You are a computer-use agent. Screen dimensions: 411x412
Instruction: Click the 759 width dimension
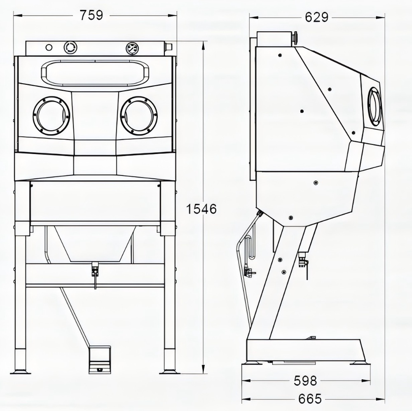coord(91,15)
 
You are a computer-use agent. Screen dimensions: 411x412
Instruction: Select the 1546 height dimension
coord(201,209)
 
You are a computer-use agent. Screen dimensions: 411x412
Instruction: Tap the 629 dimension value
coord(316,17)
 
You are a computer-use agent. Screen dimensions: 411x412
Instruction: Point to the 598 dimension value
coord(305,381)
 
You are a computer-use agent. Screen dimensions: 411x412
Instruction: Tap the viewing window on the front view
coord(95,73)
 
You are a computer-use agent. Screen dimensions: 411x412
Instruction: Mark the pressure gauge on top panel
coord(132,48)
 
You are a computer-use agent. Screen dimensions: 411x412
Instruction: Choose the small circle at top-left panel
coord(49,47)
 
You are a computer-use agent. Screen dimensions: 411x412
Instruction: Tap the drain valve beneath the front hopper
coord(95,270)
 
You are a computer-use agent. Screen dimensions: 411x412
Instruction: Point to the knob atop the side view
coord(295,37)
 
